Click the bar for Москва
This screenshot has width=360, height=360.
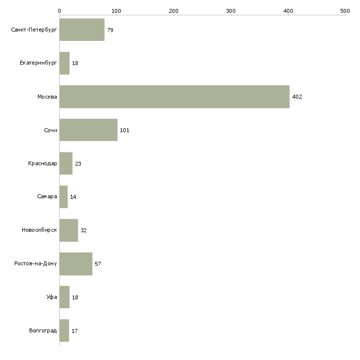174,97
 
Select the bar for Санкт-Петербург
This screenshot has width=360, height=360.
82,30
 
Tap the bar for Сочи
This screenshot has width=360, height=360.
88,130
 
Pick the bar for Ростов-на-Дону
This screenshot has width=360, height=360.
75,264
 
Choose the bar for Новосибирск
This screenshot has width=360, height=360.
69,230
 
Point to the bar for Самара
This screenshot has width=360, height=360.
64,197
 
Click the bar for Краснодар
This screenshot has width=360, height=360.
66,164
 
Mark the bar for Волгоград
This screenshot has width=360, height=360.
64,330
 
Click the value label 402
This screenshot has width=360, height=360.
297,97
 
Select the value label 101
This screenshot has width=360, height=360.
124,130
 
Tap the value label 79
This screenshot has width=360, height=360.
110,30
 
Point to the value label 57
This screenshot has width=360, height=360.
98,264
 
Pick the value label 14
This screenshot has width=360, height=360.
73,197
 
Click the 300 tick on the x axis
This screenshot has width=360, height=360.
231,10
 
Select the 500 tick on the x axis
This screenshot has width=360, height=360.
345,10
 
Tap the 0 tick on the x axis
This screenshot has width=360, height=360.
59,10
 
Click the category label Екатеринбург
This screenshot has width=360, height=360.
38,64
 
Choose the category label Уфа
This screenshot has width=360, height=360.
52,297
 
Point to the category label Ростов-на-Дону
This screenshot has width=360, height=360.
36,264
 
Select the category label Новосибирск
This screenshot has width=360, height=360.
39,230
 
